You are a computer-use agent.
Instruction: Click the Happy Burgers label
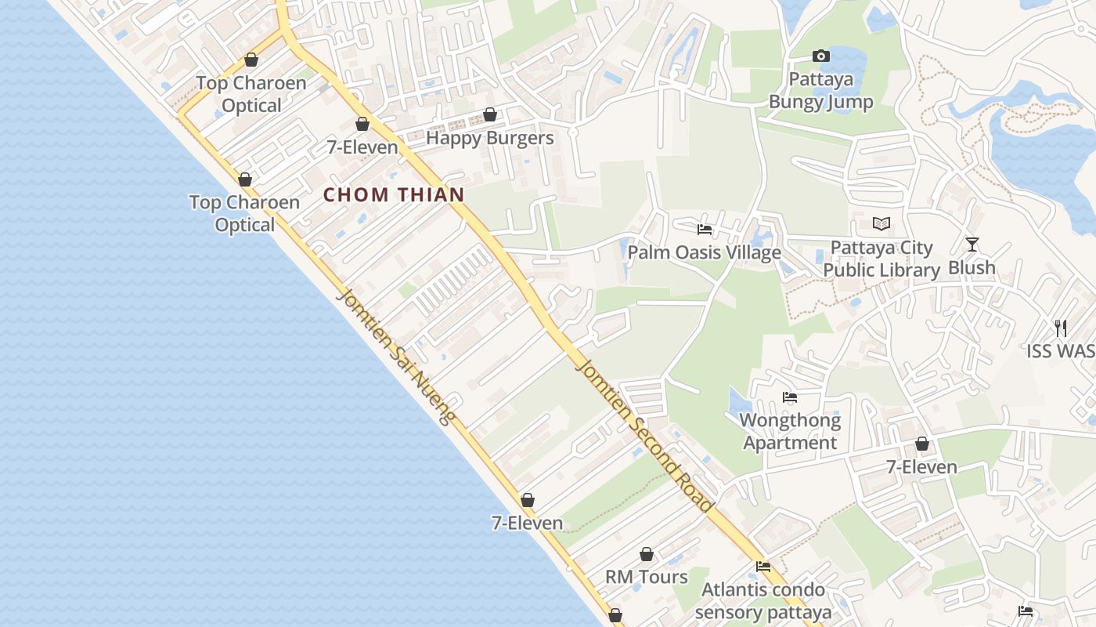coord(489,139)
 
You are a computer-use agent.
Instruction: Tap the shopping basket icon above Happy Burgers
coord(490,115)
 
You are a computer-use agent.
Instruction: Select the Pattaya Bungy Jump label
coord(820,90)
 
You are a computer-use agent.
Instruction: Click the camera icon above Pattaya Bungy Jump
coord(820,56)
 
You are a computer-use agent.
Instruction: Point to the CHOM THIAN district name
coord(394,195)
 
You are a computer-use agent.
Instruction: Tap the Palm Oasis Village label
coord(704,252)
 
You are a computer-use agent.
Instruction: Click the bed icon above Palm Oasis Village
coord(705,230)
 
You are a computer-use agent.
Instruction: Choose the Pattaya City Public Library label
coord(881,259)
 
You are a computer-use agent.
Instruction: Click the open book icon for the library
coord(881,224)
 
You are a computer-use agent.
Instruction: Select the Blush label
coord(972,267)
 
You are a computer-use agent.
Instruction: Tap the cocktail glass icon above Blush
coord(972,245)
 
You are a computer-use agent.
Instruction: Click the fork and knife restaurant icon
coord(1061,328)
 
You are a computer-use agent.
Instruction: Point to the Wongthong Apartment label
coord(790,431)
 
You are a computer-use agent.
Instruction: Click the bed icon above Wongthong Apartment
coord(790,397)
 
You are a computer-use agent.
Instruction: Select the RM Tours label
coord(647,577)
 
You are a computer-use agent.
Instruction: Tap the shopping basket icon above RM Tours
coord(647,555)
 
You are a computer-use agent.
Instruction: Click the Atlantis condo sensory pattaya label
coord(763,600)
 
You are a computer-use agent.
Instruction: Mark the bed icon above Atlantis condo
coord(763,567)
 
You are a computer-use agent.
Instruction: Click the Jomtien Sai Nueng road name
coord(395,357)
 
